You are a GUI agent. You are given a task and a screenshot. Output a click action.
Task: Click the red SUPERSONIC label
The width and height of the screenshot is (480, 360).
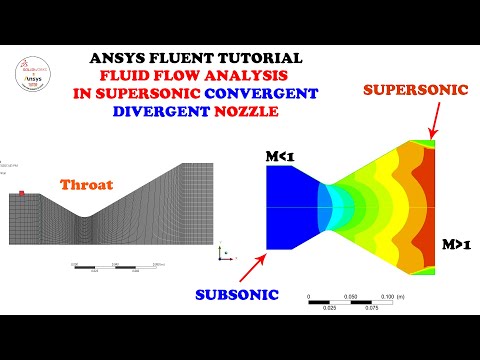click(416, 90)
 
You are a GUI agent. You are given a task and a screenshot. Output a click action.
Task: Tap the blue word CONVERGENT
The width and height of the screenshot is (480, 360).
click(272, 93)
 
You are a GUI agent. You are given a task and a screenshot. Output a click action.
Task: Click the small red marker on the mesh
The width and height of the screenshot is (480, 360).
click(19, 193)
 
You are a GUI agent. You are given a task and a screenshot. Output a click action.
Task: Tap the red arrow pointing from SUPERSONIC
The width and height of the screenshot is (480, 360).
click(431, 120)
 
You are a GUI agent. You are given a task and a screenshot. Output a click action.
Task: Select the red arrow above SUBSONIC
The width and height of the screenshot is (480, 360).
click(250, 265)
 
